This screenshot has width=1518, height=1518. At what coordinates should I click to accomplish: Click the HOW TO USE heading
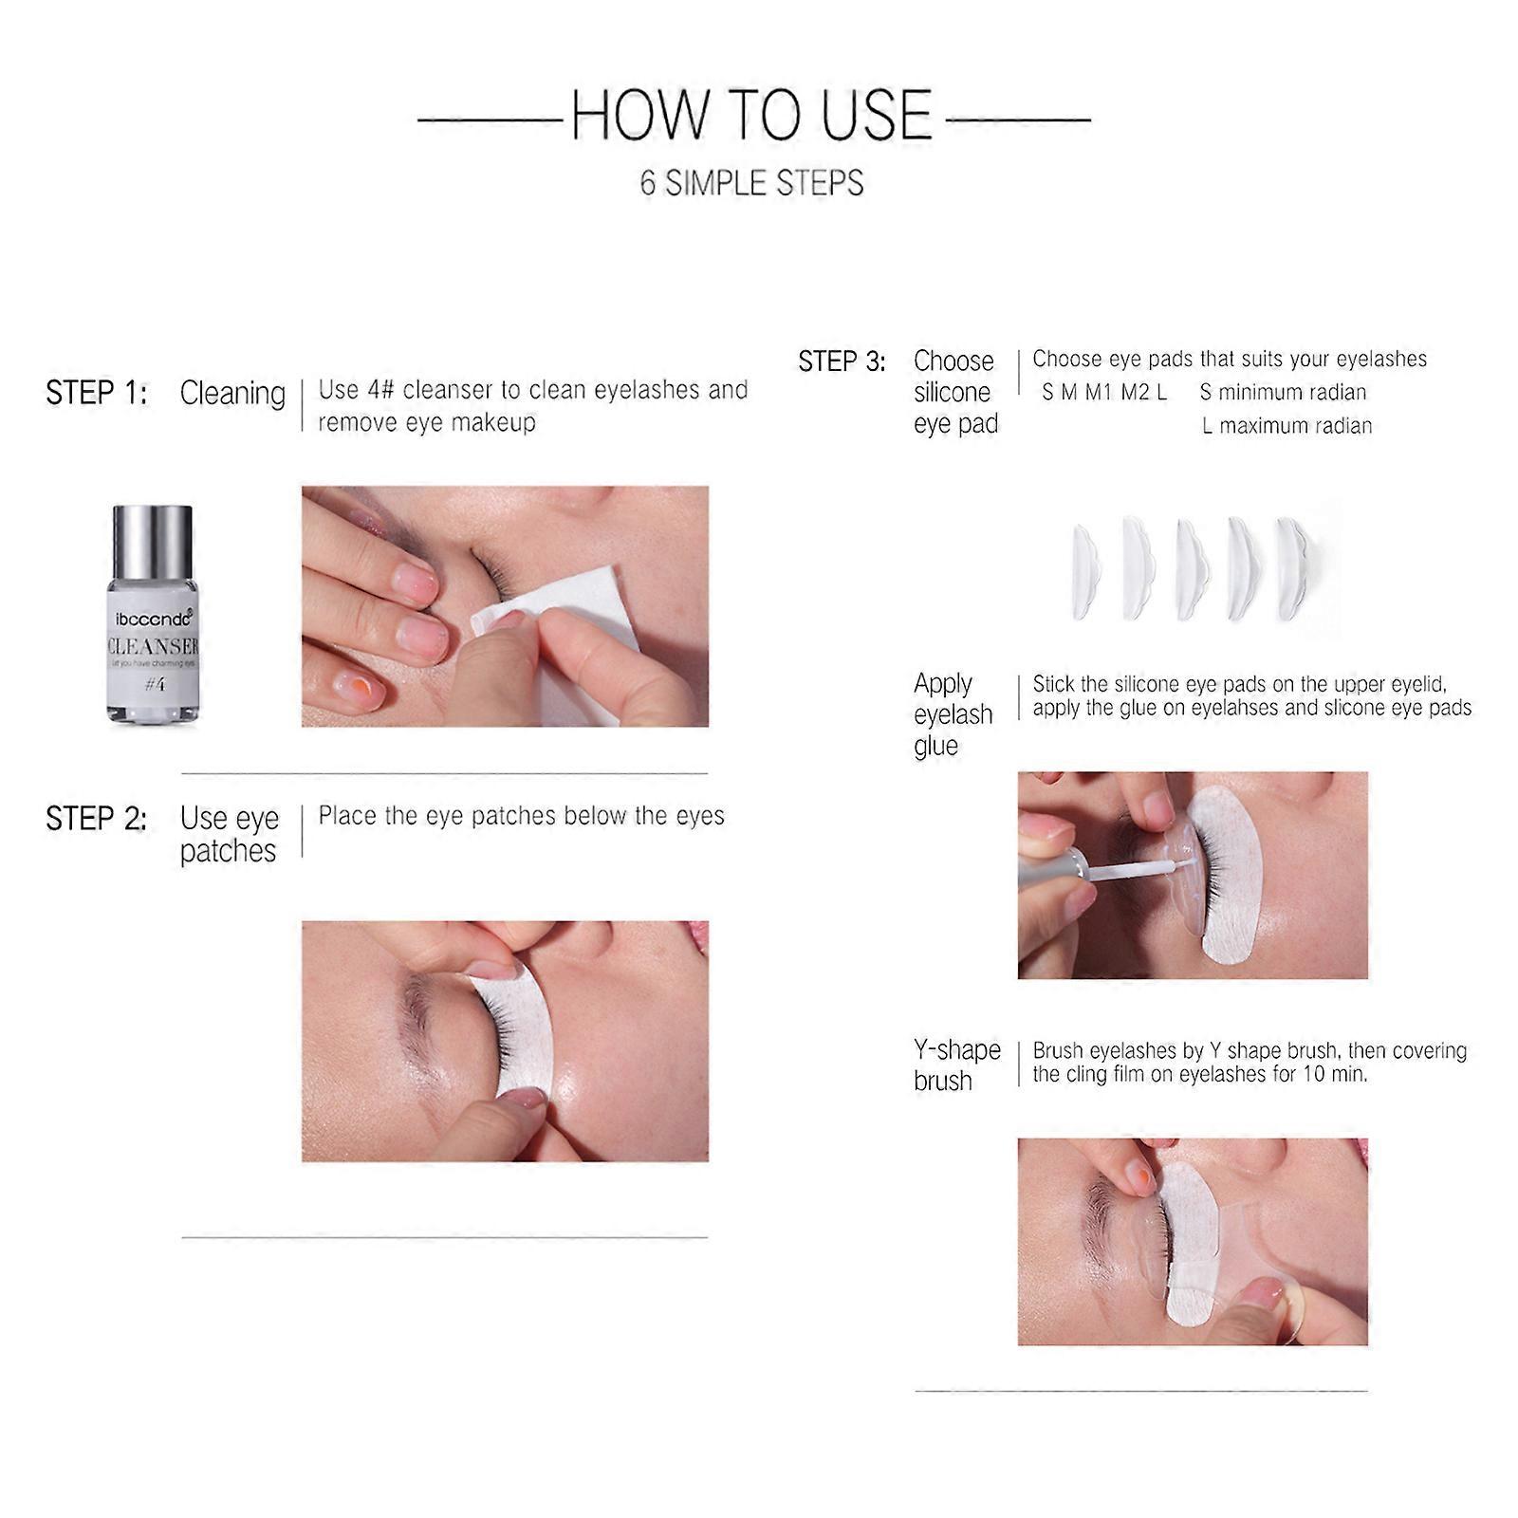point(752,116)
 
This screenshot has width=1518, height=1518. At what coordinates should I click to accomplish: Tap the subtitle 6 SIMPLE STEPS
point(751,182)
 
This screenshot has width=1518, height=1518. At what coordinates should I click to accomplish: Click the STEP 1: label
point(97,393)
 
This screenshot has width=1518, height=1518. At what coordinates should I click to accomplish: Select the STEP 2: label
point(97,819)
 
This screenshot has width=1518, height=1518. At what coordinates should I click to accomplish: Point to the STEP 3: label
point(842,361)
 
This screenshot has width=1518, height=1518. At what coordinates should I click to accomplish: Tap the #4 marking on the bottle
point(155,683)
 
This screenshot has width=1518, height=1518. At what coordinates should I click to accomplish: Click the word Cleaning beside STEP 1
point(232,393)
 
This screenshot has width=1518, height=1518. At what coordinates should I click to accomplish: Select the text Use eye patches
point(229,834)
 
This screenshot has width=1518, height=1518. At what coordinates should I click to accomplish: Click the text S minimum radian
point(1283,392)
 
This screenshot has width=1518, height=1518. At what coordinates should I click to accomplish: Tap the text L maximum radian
point(1287,426)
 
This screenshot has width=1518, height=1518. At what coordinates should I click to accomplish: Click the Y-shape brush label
point(956,1064)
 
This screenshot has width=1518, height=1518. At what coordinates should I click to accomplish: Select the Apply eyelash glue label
point(953,714)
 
